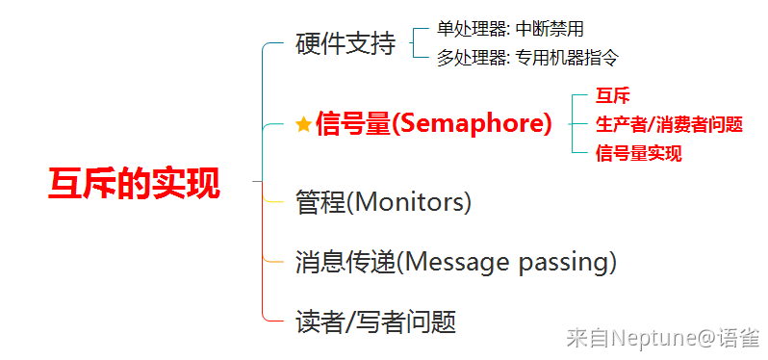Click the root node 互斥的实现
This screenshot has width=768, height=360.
click(x=133, y=183)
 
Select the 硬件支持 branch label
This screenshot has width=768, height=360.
click(x=346, y=44)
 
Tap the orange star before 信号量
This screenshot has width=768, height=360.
click(x=304, y=125)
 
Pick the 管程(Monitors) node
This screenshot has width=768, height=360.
click(x=383, y=202)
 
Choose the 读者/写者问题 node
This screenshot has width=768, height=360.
click(x=375, y=321)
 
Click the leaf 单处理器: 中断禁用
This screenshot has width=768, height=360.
click(x=510, y=30)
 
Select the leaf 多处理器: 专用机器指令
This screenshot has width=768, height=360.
click(x=527, y=59)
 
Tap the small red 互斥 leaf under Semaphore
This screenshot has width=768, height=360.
click(x=612, y=95)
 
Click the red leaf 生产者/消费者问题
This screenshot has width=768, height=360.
click(x=669, y=124)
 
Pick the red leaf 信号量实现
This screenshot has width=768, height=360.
click(x=639, y=153)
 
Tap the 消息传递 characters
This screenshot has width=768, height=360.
click(x=346, y=263)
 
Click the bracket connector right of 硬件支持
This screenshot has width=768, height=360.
click(x=414, y=43)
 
